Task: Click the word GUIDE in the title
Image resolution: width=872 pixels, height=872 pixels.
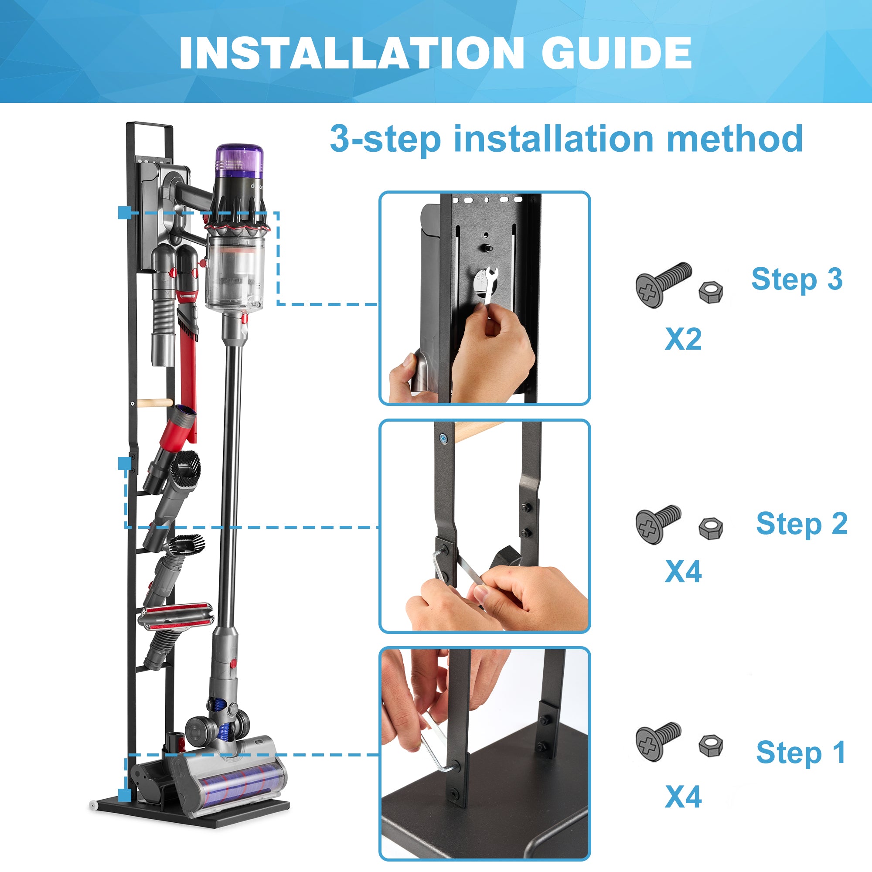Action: [x=616, y=53]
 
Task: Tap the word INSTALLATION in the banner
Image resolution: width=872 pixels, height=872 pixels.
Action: [x=351, y=53]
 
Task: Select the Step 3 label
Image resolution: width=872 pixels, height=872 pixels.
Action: [x=797, y=279]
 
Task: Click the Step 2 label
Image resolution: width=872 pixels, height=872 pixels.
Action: [x=802, y=524]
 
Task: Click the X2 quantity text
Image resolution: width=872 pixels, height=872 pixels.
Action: [x=683, y=339]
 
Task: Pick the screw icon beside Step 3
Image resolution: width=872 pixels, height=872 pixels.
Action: [x=663, y=284]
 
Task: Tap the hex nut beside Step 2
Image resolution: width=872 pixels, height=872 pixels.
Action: [x=710, y=528]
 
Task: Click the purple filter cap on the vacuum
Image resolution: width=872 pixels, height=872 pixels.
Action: [x=239, y=160]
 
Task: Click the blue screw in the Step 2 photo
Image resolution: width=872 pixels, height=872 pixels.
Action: [x=444, y=437]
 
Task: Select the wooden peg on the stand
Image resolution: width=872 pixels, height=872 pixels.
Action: [x=154, y=403]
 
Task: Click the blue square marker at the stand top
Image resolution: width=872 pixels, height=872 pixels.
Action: [x=125, y=213]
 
